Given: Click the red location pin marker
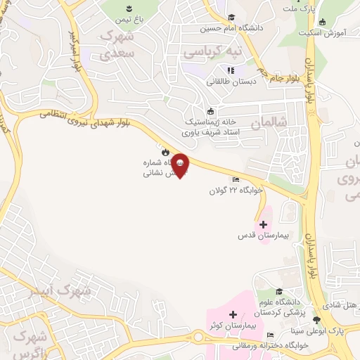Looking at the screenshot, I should pyautogui.click(x=180, y=165).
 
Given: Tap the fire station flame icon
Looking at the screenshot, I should pyautogui.click(x=165, y=151).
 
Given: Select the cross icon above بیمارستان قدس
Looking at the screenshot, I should pyautogui.click(x=264, y=225).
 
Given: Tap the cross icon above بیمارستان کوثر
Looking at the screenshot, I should pyautogui.click(x=233, y=314).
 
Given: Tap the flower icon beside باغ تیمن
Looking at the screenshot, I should pyautogui.click(x=129, y=8).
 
